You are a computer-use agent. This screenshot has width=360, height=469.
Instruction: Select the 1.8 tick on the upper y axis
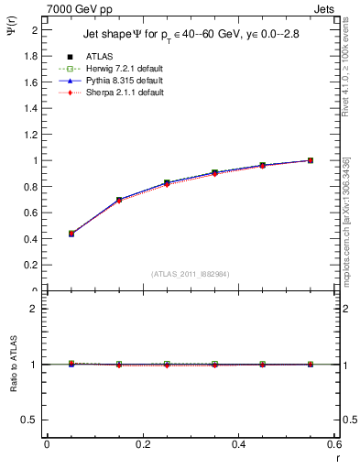pos(33,56)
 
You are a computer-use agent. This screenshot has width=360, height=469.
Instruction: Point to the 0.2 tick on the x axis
pos(142,444)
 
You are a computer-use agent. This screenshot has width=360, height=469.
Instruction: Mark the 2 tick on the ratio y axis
pos(35,309)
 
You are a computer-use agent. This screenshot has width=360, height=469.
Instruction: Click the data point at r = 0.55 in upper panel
pos(311,160)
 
